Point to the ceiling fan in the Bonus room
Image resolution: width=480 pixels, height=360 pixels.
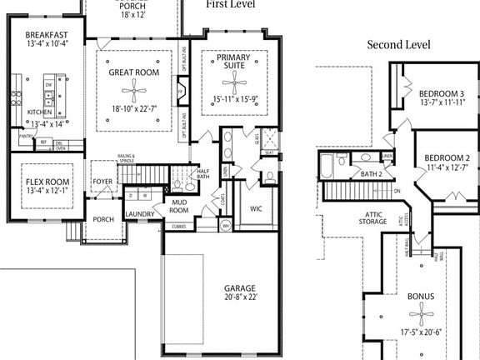pos(421,314)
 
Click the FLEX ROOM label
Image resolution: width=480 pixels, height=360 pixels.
pos(45,181)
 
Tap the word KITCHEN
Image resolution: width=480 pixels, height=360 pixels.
pos(40,111)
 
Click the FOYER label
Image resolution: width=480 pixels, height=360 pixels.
pos(102,181)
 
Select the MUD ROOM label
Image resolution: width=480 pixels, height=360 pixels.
pos(179,206)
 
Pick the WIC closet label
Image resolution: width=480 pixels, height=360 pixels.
pos(256,209)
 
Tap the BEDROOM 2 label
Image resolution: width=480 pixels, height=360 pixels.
pos(447,158)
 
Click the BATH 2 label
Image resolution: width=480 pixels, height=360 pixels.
pos(372,173)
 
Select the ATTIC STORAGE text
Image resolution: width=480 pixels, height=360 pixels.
pos(373,217)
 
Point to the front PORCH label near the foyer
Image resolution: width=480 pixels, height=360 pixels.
pos(103,220)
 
